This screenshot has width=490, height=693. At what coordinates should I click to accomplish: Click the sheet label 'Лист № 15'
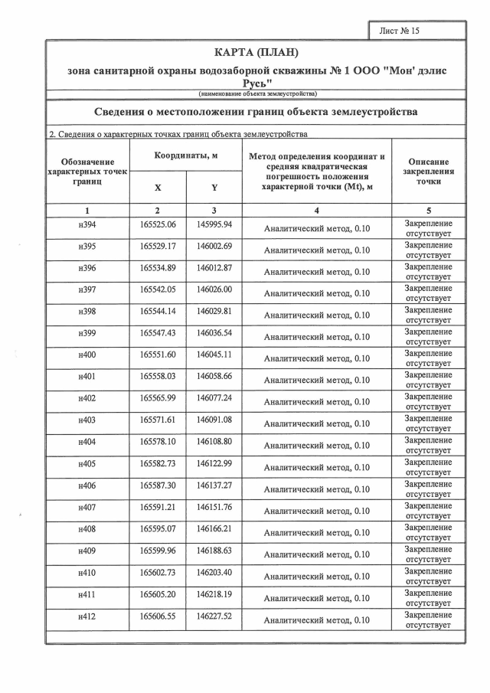400,31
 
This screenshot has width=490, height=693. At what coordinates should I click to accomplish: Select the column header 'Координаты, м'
186,155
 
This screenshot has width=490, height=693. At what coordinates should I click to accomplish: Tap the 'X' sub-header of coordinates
158,187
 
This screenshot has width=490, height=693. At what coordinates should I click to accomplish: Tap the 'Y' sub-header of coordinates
214,187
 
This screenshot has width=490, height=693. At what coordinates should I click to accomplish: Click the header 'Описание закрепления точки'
429,172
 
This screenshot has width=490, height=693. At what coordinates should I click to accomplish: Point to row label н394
87,224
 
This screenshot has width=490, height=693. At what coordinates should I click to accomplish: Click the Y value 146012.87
214,268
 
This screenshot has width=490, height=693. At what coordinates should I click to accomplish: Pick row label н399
87,333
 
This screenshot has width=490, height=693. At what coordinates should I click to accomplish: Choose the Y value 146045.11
214,355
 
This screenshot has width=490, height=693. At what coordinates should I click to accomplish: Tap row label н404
87,442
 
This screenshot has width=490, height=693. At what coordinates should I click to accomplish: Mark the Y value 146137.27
214,485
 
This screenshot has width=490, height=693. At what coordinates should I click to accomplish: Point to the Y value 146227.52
214,616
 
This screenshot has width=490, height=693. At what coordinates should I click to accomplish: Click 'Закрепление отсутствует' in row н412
429,619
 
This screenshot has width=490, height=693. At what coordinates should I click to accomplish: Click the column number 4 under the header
316,210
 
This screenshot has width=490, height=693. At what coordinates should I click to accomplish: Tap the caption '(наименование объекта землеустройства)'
257,93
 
